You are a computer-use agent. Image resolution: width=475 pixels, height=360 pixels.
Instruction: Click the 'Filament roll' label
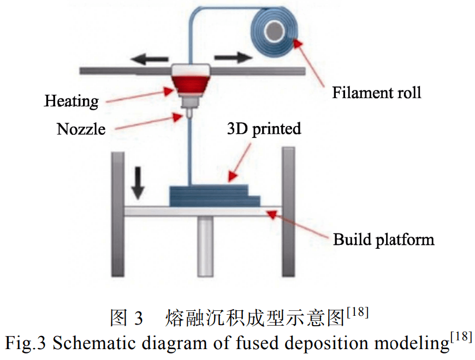tap(377, 93)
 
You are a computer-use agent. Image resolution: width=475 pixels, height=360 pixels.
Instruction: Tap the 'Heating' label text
tap(72, 101)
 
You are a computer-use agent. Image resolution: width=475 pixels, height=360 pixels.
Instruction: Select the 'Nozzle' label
tap(81, 129)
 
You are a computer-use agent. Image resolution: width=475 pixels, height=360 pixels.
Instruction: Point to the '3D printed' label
tap(264, 129)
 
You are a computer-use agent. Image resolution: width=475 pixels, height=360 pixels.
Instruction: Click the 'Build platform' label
tap(383, 239)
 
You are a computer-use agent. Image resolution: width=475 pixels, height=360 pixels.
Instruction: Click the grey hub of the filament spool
tap(275, 31)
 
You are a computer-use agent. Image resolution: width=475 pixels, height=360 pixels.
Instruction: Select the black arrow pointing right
tap(233, 57)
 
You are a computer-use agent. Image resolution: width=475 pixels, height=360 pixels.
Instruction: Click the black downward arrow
tap(138, 183)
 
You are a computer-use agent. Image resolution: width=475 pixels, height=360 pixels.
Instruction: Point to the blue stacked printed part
tap(215, 196)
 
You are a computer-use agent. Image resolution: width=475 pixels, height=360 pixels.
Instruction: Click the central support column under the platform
tap(205, 246)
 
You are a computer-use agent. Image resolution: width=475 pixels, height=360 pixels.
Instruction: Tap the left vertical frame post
tap(118, 214)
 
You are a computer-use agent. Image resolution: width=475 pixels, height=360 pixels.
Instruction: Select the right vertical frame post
tap(288, 212)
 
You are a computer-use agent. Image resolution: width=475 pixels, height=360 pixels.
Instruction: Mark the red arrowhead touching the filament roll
tap(298, 43)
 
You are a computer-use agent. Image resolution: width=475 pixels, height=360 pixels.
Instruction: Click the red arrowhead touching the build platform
tap(272, 214)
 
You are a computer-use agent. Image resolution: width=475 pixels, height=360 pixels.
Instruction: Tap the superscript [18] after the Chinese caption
tap(358, 312)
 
